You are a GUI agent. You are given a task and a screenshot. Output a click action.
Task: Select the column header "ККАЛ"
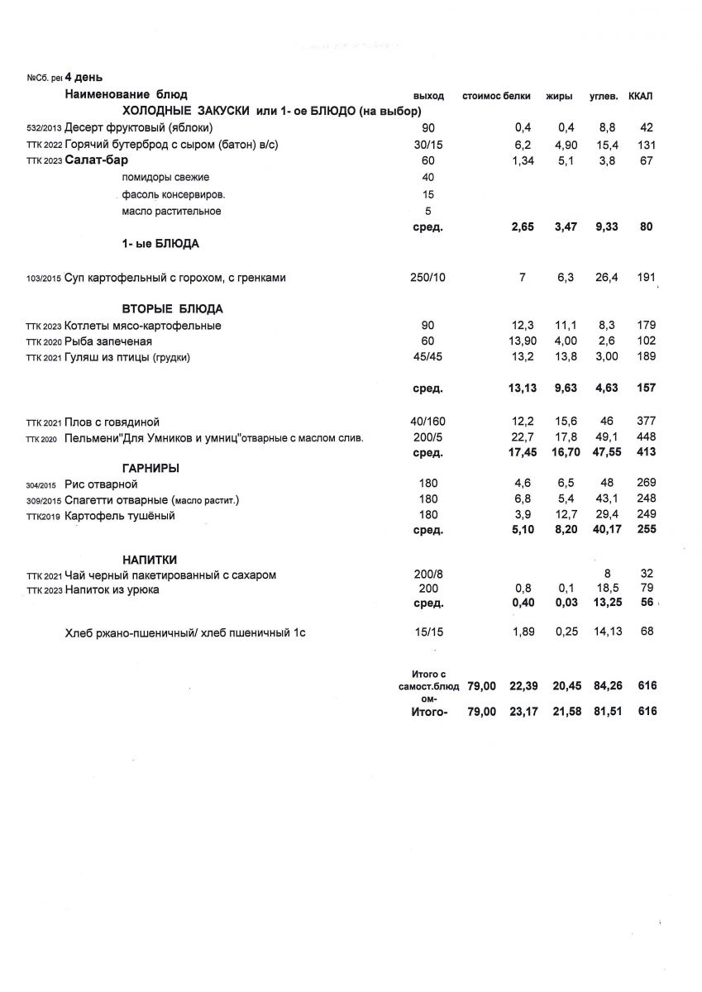pyautogui.click(x=640, y=96)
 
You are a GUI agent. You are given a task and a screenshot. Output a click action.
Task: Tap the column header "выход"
pyautogui.click(x=428, y=96)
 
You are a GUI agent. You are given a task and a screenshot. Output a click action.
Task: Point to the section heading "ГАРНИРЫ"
pyautogui.click(x=151, y=469)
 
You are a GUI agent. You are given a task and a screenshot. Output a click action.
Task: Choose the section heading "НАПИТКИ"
pyautogui.click(x=150, y=560)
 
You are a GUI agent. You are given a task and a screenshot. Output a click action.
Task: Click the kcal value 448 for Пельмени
pyautogui.click(x=646, y=437)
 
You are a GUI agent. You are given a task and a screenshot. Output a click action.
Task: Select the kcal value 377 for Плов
pyautogui.click(x=646, y=422)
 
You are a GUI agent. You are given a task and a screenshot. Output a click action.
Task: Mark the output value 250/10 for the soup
pyautogui.click(x=427, y=278)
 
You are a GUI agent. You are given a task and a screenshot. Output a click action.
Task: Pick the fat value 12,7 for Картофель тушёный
pyautogui.click(x=566, y=516)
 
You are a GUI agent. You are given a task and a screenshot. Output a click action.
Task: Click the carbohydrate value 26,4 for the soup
pyautogui.click(x=608, y=278)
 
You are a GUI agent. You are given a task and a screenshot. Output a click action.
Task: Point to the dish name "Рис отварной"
pyautogui.click(x=101, y=484)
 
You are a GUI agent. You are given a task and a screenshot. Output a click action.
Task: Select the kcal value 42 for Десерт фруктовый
pyautogui.click(x=647, y=127)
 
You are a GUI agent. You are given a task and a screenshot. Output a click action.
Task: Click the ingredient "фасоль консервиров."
pyautogui.click(x=174, y=194)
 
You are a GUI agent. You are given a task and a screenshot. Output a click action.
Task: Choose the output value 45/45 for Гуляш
pyautogui.click(x=427, y=357)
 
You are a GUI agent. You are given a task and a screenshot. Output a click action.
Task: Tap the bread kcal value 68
pyautogui.click(x=647, y=632)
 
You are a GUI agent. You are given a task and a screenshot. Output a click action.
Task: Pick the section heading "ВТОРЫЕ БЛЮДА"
pyautogui.click(x=172, y=309)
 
